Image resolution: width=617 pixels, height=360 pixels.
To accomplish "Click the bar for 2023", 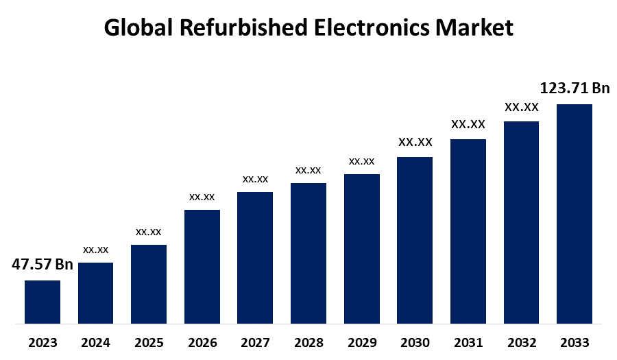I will [x=43, y=302].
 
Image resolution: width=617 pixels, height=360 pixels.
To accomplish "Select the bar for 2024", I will [x=95, y=293].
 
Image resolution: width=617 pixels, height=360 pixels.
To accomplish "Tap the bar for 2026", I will [x=202, y=266].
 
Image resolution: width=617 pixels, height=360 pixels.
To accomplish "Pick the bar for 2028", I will [x=308, y=253].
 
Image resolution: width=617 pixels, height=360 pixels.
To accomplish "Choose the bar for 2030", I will [x=415, y=240].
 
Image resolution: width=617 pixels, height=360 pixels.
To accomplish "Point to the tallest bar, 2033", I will [x=574, y=213].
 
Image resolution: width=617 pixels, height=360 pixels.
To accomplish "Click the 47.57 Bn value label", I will [x=43, y=265].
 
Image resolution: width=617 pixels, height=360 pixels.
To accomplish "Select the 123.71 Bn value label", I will [x=574, y=88].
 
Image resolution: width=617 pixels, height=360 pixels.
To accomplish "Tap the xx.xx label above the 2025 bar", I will [x=149, y=231].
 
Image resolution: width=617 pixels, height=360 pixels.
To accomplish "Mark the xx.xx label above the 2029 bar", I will [x=362, y=161].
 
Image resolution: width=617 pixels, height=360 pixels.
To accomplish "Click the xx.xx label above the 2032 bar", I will [x=521, y=107].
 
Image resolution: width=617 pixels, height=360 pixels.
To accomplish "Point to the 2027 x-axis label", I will [x=255, y=343].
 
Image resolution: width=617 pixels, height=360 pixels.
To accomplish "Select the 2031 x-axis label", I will [x=468, y=343].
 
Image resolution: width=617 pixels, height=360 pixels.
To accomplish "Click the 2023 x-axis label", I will [x=43, y=343].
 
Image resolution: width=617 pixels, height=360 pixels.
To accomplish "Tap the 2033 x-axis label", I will [x=574, y=343].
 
